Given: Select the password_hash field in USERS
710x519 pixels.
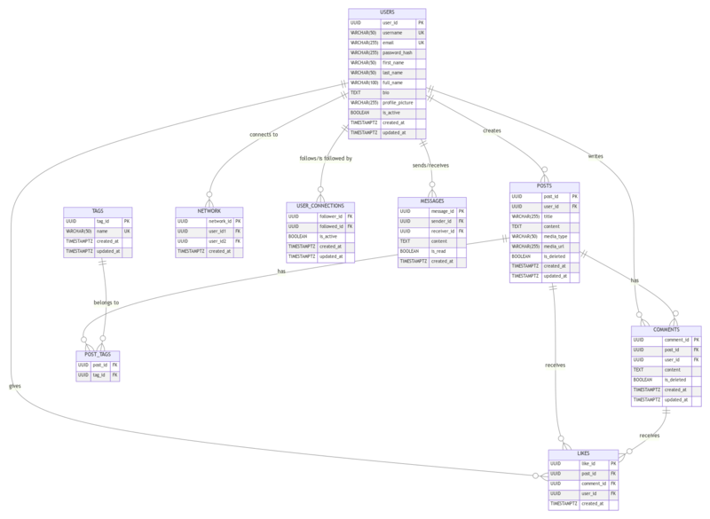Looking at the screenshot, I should click(398, 52).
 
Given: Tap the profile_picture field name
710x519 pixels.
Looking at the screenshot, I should click(398, 102).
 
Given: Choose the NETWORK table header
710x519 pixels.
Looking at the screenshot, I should click(209, 210).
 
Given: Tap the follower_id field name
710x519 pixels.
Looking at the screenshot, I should click(330, 216).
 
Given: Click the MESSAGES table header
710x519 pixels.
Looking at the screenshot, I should click(432, 201).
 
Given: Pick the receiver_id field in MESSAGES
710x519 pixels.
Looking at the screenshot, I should click(443, 231).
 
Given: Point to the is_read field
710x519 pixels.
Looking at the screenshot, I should click(438, 251).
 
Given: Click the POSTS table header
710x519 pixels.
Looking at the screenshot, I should click(545, 185).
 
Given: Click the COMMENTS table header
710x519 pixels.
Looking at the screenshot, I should click(666, 329).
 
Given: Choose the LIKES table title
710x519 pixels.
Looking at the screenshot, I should click(583, 452).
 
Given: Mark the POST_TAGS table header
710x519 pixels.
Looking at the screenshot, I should click(98, 354).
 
